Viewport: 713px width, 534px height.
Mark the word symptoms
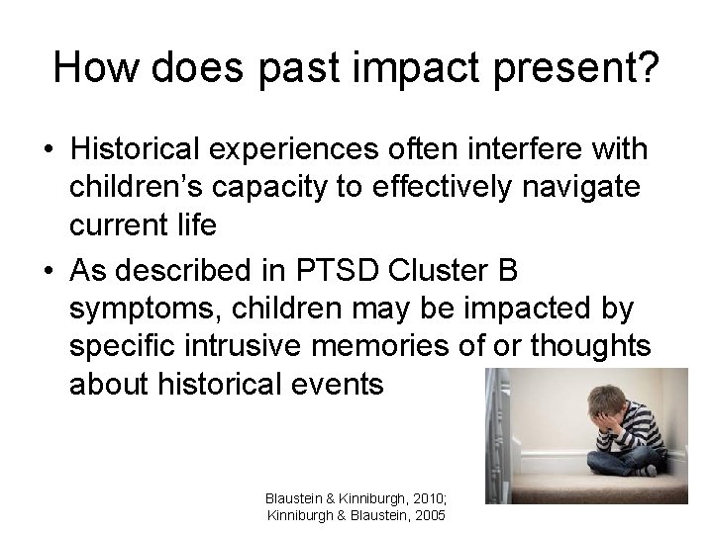(x=143, y=310)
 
